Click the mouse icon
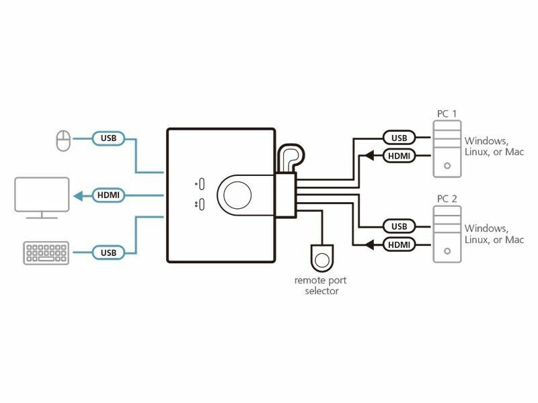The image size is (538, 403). [63, 140]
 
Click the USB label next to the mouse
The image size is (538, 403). [108, 139]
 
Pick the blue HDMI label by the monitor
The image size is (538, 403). [108, 195]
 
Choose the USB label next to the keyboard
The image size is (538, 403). [108, 253]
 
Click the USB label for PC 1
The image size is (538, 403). [399, 138]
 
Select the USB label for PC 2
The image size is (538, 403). [399, 226]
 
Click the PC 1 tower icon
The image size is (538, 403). [446, 148]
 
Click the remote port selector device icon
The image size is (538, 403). [323, 258]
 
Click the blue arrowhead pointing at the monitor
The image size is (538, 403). [77, 195]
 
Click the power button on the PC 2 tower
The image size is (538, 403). [446, 252]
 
